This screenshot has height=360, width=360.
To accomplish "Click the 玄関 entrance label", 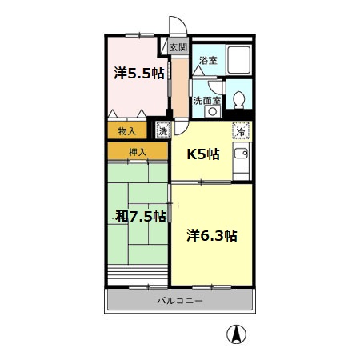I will [x=177, y=48].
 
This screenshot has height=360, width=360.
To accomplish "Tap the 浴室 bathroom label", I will [x=208, y=61].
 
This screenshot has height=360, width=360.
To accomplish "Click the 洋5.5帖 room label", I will [x=138, y=74].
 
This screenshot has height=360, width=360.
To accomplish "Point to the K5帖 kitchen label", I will [x=203, y=154].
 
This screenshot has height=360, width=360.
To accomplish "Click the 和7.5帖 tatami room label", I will [x=140, y=216].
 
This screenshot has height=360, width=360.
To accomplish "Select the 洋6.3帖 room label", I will [x=212, y=235].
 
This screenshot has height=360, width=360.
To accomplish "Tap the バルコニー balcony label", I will [x=179, y=301].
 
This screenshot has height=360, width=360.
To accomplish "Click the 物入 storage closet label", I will [x=126, y=130].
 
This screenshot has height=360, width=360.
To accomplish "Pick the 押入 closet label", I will [x=138, y=151].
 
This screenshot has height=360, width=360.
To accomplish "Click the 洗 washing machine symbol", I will [x=162, y=130].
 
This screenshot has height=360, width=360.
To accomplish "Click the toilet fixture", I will [x=239, y=101].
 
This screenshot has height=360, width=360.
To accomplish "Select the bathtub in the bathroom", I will [x=238, y=61].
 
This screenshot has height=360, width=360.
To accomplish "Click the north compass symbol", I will [x=237, y=334].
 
